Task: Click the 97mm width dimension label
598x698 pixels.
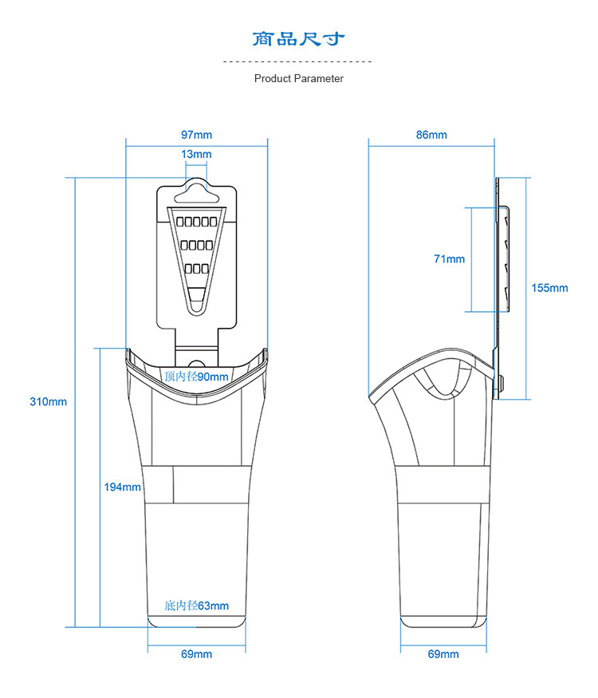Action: (x=196, y=135)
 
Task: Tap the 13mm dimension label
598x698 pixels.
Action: (x=196, y=155)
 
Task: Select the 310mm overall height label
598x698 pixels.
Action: (x=48, y=401)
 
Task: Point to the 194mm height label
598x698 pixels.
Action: (x=122, y=487)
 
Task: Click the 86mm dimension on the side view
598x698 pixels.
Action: (x=431, y=135)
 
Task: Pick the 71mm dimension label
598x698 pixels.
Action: (x=449, y=259)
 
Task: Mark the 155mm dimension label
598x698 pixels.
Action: (x=549, y=288)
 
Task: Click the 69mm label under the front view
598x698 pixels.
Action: (x=196, y=654)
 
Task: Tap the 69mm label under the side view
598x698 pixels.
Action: (x=443, y=654)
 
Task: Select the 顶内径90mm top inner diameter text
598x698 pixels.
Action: (x=196, y=377)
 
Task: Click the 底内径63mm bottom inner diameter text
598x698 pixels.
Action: (x=196, y=605)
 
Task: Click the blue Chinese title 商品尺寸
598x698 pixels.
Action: (x=298, y=39)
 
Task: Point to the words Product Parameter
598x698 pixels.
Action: (x=298, y=79)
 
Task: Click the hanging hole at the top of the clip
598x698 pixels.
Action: (x=196, y=198)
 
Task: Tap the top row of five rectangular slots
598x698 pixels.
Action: (x=196, y=222)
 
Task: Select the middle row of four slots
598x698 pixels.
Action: (x=196, y=245)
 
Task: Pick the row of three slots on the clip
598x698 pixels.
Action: (x=196, y=269)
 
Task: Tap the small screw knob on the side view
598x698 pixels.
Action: (x=502, y=383)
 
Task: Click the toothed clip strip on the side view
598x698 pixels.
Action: (x=505, y=258)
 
